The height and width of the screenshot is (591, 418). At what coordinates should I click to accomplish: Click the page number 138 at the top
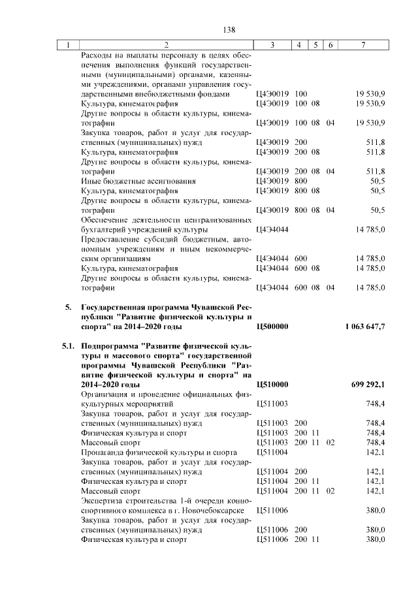pos(229,29)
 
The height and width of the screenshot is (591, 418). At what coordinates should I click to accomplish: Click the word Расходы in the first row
pos(97,56)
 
